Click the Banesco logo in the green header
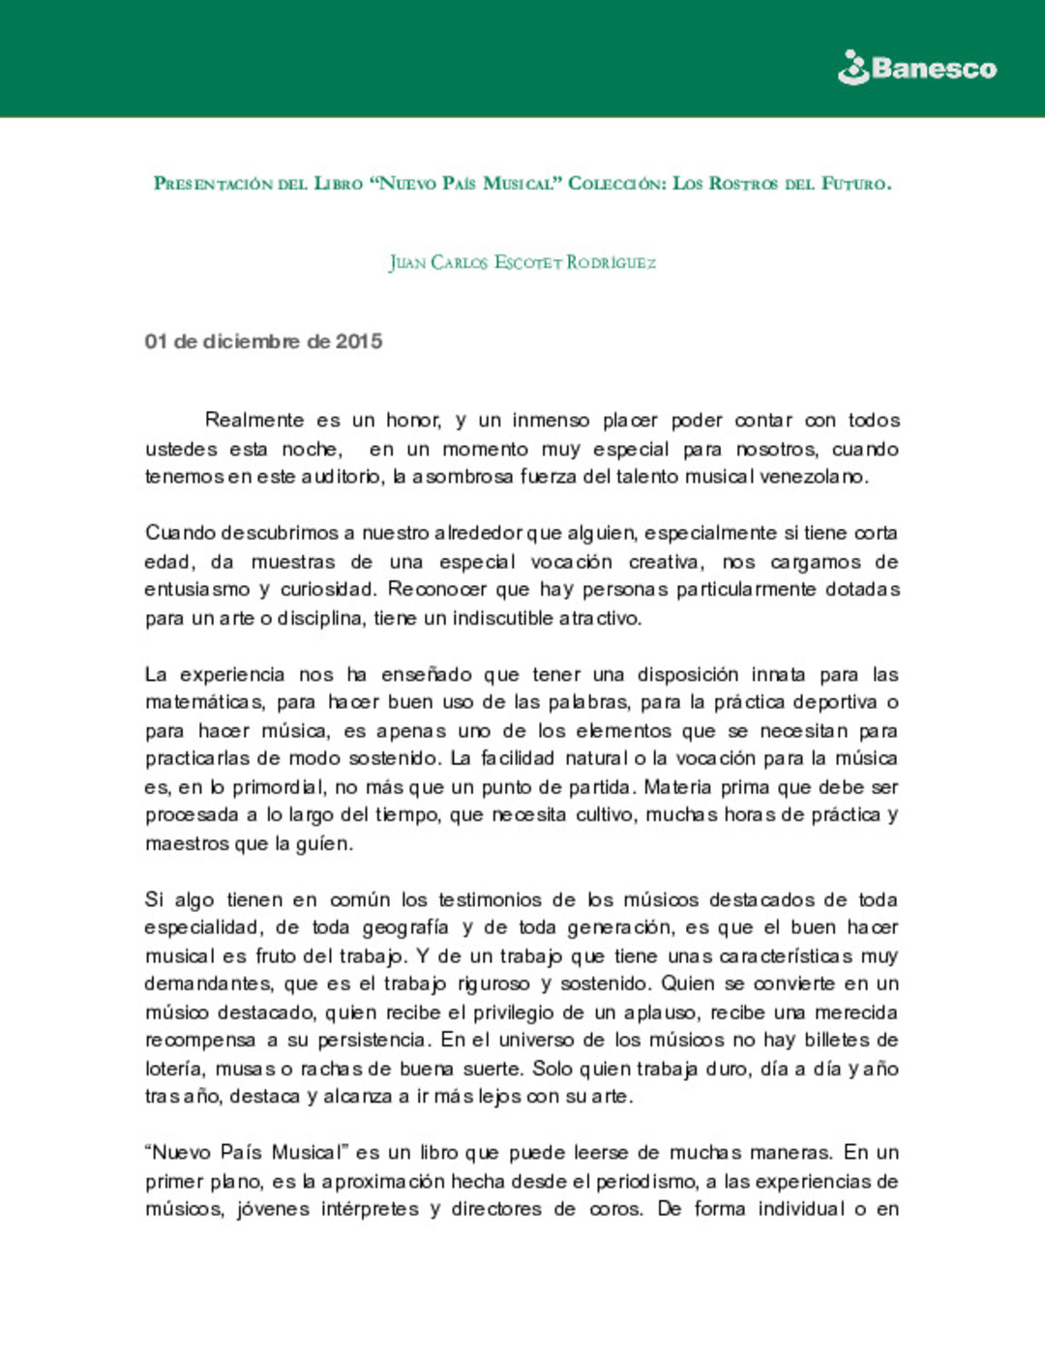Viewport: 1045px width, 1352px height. click(916, 68)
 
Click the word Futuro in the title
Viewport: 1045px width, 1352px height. click(855, 184)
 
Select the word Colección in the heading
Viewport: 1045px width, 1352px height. click(614, 184)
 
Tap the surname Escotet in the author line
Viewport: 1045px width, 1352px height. click(528, 262)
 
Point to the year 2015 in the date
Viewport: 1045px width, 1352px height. click(359, 341)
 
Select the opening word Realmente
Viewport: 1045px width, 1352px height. click(254, 421)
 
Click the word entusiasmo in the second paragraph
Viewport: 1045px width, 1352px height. click(196, 590)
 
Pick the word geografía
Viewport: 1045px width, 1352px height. click(405, 927)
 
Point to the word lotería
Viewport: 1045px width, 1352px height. click(174, 1069)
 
